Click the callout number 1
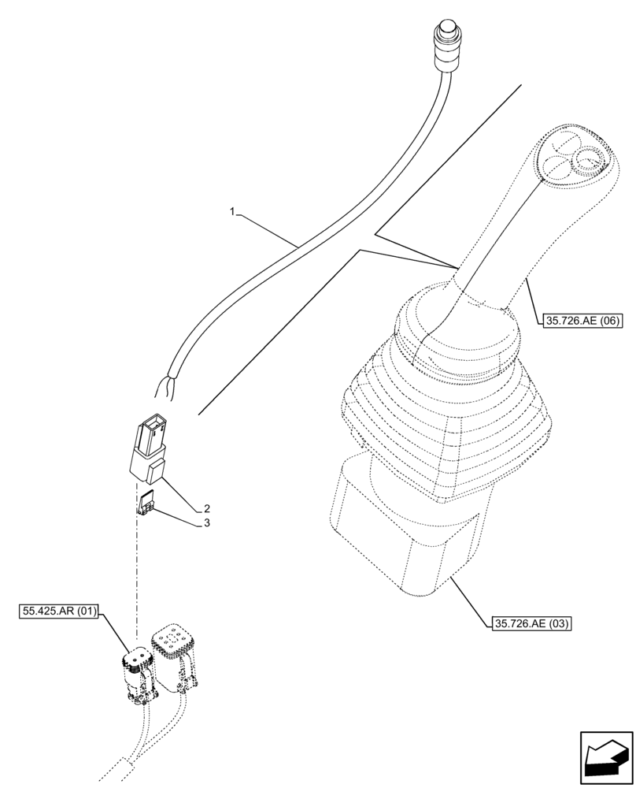click(x=232, y=211)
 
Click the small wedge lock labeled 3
click(x=146, y=502)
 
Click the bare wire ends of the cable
click(x=166, y=387)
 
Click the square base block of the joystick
click(x=401, y=536)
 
